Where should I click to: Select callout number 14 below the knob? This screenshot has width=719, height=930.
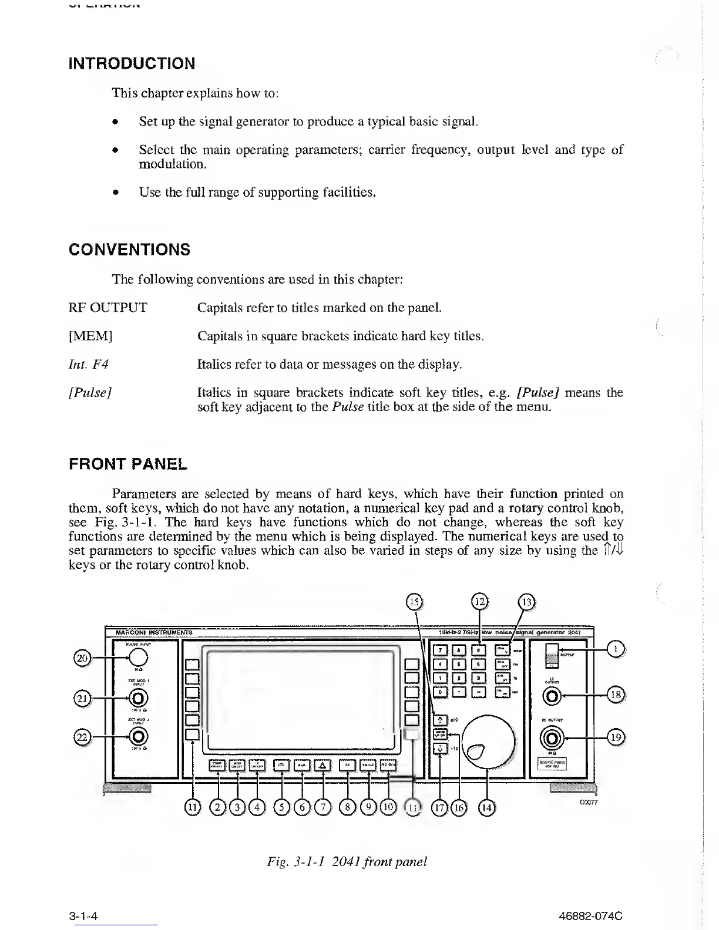tap(487, 808)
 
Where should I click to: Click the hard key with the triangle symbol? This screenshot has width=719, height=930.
tap(323, 765)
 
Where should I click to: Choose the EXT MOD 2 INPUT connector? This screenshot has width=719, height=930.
tap(139, 736)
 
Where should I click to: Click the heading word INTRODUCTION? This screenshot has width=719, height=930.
tap(132, 63)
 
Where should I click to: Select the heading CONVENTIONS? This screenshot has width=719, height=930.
tap(130, 250)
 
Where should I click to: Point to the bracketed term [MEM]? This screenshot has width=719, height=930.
tap(91, 336)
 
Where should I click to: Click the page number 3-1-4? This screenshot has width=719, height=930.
tap(82, 915)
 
